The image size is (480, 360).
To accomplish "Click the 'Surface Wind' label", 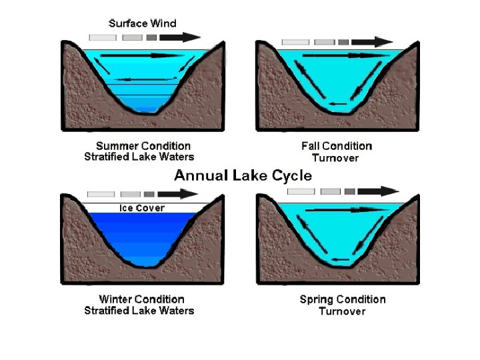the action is (x=143, y=23).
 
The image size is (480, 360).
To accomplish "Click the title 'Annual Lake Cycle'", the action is (x=243, y=176).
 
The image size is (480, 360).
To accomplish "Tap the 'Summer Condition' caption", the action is (x=143, y=145).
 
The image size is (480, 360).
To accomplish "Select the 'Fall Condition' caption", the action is (x=337, y=146).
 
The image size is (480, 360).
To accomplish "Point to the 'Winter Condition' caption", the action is (x=141, y=299).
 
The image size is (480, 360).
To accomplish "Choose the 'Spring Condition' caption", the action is (x=343, y=299).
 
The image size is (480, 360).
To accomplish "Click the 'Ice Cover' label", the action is (x=142, y=208).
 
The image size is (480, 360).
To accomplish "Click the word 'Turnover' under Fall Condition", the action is (x=335, y=158).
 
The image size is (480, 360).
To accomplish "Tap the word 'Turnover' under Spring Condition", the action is (x=342, y=311).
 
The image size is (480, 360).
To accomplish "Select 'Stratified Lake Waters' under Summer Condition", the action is (x=139, y=157).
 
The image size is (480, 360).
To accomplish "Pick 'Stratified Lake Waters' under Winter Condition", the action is (x=139, y=311).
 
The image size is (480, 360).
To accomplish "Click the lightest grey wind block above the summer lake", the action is (x=102, y=38).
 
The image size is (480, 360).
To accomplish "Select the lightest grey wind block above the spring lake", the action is (x=299, y=191).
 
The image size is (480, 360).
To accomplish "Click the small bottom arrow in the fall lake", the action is (x=339, y=103).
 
